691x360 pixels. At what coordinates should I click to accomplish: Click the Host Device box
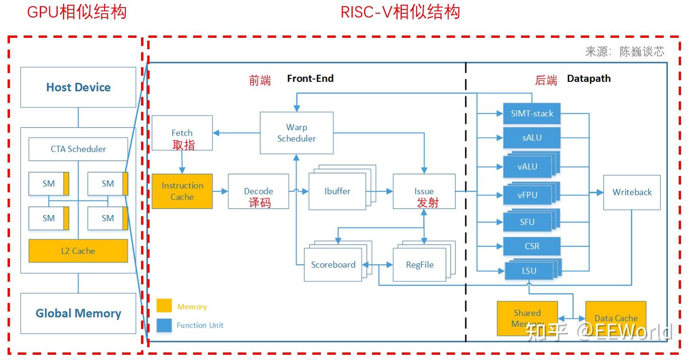pyautogui.click(x=78, y=87)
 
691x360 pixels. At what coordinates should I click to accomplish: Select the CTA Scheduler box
pyautogui.click(x=78, y=149)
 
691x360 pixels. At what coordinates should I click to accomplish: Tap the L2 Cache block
pyautogui.click(x=78, y=251)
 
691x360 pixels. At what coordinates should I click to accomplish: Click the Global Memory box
pyautogui.click(x=78, y=313)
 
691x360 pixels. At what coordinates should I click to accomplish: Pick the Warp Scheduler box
pyautogui.click(x=297, y=133)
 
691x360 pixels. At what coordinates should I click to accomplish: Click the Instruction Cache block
pyautogui.click(x=182, y=191)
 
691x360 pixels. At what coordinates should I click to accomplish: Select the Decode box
pyautogui.click(x=258, y=191)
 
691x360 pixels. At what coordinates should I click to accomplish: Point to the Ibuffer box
pyautogui.click(x=337, y=191)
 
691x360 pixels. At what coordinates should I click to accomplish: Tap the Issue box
pyautogui.click(x=424, y=191)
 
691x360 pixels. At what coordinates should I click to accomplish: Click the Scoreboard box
pyautogui.click(x=333, y=264)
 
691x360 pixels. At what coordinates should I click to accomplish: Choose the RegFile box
pyautogui.click(x=419, y=264)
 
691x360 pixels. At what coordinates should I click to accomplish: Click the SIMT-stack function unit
pyautogui.click(x=532, y=114)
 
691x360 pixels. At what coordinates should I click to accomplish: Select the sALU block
pyautogui.click(x=532, y=138)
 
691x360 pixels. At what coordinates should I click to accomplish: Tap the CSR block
pyautogui.click(x=532, y=246)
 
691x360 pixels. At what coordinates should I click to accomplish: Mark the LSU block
pyautogui.click(x=529, y=271)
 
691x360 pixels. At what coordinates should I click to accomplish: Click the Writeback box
pyautogui.click(x=632, y=192)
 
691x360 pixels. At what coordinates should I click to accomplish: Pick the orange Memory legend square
pyautogui.click(x=164, y=306)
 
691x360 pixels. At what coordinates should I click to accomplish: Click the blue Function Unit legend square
pyautogui.click(x=164, y=325)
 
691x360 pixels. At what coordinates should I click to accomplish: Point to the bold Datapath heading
pyautogui.click(x=589, y=79)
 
